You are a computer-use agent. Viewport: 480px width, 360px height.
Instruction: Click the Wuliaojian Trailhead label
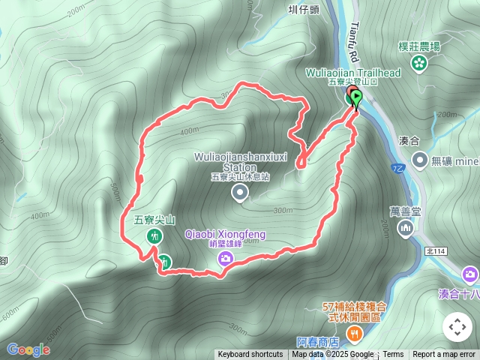point(354,72)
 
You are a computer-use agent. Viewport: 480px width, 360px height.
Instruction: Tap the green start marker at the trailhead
point(356,97)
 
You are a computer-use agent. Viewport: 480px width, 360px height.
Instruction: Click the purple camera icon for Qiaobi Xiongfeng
point(225,259)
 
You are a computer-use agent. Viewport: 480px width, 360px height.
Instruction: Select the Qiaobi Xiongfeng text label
point(225,235)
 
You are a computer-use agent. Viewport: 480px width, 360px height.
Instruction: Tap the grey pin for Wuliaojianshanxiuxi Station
point(240,194)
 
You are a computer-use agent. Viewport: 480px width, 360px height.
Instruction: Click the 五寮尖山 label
point(154,220)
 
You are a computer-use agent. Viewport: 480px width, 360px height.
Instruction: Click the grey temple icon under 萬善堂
point(406,226)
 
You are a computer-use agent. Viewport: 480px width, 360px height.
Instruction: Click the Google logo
point(28,349)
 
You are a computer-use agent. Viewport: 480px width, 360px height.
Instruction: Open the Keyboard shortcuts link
point(250,355)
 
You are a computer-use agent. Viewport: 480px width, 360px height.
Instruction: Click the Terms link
point(394,355)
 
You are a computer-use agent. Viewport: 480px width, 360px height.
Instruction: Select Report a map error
point(444,355)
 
